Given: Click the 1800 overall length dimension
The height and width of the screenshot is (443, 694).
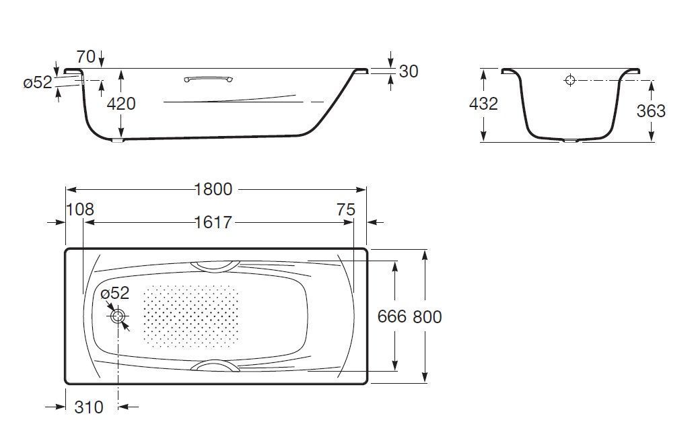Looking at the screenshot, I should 213,189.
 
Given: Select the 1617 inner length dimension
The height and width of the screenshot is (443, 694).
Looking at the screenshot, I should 213,221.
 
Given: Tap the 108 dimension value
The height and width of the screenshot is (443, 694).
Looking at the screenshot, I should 80,209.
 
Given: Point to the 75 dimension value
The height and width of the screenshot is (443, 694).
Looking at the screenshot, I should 345,209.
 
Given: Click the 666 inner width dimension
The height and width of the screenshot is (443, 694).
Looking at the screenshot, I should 392,316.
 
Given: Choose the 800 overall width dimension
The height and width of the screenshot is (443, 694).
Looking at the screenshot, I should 428,316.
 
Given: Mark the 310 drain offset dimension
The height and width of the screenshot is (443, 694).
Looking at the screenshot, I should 89,407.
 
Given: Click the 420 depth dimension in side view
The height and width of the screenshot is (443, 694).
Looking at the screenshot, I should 122,104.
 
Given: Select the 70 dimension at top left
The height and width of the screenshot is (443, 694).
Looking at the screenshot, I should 85,57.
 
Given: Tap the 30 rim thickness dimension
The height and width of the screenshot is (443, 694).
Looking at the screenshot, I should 409,71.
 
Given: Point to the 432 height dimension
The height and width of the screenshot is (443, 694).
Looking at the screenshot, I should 483,104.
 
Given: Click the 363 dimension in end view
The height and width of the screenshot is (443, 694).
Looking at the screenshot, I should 651,111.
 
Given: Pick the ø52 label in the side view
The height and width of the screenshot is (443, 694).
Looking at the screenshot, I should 38,82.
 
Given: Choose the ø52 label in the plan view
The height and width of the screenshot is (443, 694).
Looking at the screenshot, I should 114,294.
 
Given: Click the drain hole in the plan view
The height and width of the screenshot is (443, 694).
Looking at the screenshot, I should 118,316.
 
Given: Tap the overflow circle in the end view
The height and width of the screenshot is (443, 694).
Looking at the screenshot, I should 570,81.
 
